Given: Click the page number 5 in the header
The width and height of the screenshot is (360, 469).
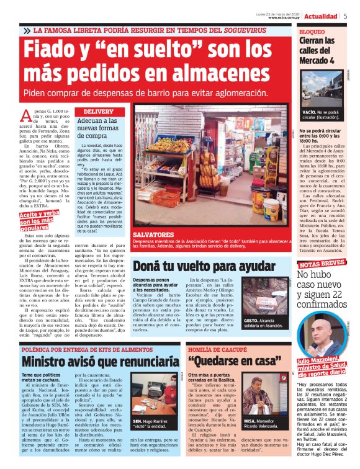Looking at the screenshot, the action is (x=345, y=16).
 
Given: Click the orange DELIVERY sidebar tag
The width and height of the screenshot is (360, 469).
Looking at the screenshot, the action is (x=98, y=112).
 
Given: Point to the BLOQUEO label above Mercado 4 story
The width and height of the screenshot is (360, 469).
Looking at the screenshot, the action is (x=312, y=31).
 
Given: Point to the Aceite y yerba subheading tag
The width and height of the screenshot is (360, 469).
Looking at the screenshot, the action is (x=44, y=219).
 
